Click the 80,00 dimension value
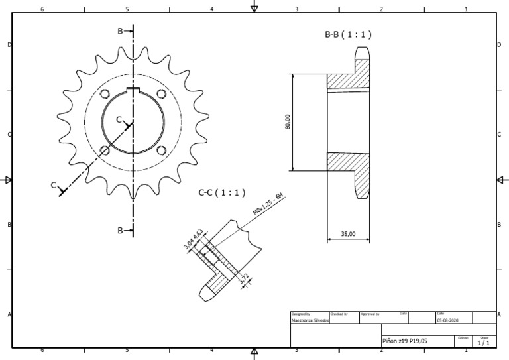click(x=288, y=122)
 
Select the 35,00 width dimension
click(x=348, y=233)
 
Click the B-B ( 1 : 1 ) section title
click(x=347, y=35)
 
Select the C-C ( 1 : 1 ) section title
click(x=222, y=193)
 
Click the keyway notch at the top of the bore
click(x=134, y=91)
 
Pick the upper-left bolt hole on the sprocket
click(x=105, y=94)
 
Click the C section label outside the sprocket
click(x=54, y=186)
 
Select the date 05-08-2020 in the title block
click(x=447, y=320)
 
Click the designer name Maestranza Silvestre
click(x=310, y=320)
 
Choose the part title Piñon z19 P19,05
click(x=405, y=341)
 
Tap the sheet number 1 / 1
click(x=483, y=343)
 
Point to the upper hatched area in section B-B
click(x=347, y=79)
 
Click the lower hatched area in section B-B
click(x=347, y=162)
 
